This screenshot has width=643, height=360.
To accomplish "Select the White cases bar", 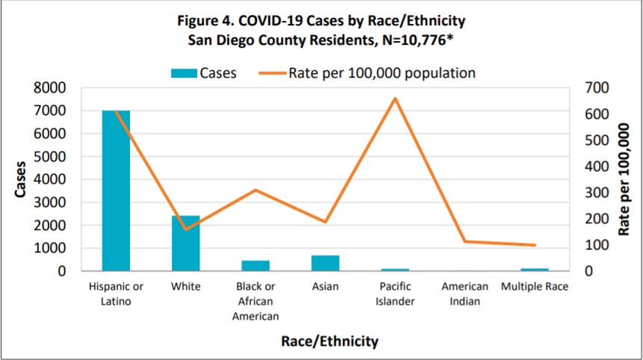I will point(186,243).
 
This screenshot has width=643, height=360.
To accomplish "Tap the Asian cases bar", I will point(325,263).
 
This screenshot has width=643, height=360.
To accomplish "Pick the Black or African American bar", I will point(255,265).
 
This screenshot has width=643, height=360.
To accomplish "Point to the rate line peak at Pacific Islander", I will point(395,98).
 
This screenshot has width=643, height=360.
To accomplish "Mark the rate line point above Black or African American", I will point(255,190).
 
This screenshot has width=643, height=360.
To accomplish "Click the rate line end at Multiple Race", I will point(535,245).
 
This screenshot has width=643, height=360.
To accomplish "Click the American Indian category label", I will point(465,294).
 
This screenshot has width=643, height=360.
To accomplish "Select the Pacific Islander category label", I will point(395,294).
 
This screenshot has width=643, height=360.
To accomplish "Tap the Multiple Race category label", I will point(535,287).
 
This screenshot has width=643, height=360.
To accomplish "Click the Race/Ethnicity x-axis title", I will point(329,341).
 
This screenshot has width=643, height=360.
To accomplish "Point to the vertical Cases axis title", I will point(20,179).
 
